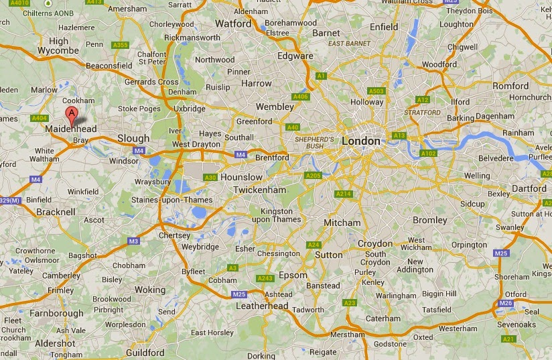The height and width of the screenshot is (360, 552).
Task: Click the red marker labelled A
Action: pos(72,115)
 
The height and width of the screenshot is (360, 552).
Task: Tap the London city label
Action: pos(360,141)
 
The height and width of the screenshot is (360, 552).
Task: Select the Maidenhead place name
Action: pos(71,128)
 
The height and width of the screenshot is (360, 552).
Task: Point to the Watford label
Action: pos(232,23)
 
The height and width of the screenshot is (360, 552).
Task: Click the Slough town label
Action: pos(133,138)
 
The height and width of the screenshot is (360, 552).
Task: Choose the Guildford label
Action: pos(145,353)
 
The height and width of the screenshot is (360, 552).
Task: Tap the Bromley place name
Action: pos(430,220)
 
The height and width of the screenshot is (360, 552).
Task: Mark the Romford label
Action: pos(510,86)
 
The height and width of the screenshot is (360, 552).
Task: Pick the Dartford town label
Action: pos(529,188)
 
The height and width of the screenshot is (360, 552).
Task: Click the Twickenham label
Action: pos(260,190)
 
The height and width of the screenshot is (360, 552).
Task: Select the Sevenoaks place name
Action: pos(516,325)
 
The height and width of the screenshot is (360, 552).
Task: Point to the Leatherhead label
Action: pos(262,306)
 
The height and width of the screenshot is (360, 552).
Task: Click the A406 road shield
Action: pos(301,97)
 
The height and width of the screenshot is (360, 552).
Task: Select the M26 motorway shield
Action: pos(506,304)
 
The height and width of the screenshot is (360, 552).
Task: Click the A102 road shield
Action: pos(428,154)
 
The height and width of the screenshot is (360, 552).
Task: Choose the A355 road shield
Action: pos(121,45)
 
